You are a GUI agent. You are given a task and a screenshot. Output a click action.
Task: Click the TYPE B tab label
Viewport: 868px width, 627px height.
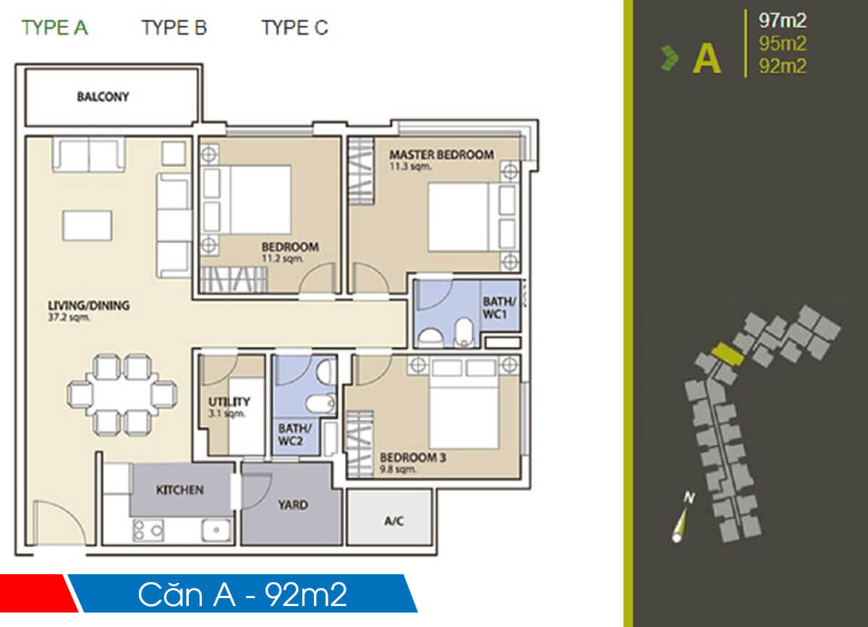coord(174,28)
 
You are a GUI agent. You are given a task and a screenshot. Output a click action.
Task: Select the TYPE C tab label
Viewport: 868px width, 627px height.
coord(294,28)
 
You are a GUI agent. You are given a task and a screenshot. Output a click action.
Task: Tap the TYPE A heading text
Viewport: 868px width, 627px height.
coord(54,28)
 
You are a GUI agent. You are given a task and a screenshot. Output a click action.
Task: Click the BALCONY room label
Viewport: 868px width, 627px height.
coord(103,97)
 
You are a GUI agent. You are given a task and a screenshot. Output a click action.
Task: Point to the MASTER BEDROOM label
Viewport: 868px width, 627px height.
coord(441,155)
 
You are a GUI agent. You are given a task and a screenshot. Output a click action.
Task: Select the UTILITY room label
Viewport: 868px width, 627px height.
coord(229,402)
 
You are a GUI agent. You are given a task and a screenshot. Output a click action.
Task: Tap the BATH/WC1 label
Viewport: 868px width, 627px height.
coord(500,309)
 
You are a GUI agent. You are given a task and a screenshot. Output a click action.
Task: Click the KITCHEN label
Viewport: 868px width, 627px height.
coord(180,490)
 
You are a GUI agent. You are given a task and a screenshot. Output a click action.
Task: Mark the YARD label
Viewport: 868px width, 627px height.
coord(292,505)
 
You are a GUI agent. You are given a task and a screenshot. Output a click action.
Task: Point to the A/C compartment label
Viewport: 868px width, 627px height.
coord(393,521)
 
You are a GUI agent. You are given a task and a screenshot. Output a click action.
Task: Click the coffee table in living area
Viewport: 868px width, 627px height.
coord(88,225)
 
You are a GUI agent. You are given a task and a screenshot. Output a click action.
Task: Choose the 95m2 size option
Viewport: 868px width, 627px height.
coord(782,43)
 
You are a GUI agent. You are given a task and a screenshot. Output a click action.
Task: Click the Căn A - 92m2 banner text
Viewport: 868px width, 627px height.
coord(242,594)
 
